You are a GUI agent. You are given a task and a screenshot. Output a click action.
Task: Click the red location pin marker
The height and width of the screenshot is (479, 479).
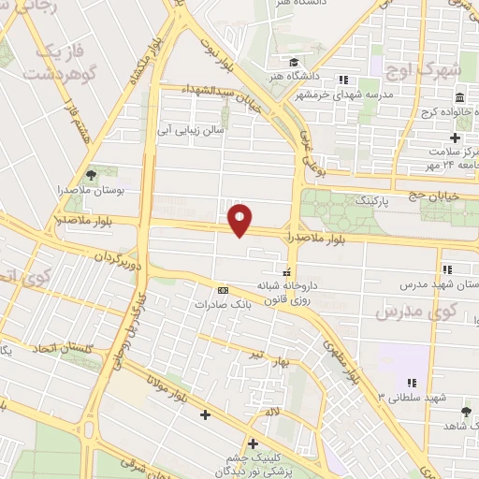(241, 220)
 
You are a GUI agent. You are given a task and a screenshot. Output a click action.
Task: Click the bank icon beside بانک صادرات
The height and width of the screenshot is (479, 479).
(222, 289)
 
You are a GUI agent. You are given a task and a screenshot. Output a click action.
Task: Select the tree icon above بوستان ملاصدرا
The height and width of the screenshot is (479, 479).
(91, 174)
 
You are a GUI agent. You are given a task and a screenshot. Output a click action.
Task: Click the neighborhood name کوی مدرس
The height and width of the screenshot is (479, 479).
(409, 312)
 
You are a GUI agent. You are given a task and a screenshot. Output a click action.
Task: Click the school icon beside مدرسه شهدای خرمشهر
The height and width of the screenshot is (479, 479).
(343, 80)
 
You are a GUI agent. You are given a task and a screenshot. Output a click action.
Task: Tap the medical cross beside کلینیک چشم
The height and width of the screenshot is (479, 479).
(252, 442)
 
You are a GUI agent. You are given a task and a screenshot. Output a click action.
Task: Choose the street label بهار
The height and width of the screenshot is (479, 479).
(297, 360)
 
